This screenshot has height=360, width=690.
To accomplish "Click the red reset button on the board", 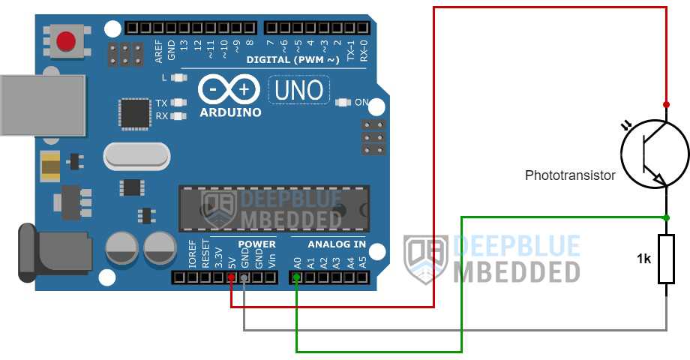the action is (66, 41).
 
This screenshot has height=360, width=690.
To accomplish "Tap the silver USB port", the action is (43, 105).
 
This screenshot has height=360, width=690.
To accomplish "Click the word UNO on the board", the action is (298, 91).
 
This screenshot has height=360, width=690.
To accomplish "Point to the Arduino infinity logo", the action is (229, 90).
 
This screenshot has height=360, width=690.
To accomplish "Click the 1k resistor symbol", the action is (666, 259).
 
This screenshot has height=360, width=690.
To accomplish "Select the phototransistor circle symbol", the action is (655, 154).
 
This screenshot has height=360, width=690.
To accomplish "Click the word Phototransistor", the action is (570, 175).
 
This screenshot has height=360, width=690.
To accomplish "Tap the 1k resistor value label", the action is (643, 259).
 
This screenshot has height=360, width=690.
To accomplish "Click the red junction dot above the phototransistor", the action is (666, 105).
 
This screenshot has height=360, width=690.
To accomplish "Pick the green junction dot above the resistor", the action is (666, 217).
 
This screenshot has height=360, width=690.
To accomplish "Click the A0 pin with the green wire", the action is (297, 277).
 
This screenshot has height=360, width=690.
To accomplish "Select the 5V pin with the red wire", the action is (232, 277).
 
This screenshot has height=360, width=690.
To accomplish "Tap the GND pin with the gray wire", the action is (244, 277).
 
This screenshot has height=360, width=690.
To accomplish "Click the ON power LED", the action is (343, 103).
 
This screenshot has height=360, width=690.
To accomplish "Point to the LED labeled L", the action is (178, 78).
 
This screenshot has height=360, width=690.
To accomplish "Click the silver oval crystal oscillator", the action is (136, 156).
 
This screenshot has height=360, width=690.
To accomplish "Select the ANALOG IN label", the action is (337, 244).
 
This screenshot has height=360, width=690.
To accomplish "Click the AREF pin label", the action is (159, 51).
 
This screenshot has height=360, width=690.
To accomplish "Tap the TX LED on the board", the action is (178, 103).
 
